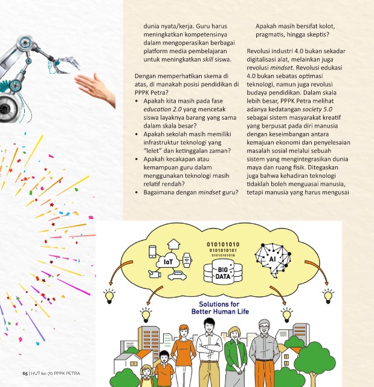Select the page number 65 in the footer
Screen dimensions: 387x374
tap(25, 372)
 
